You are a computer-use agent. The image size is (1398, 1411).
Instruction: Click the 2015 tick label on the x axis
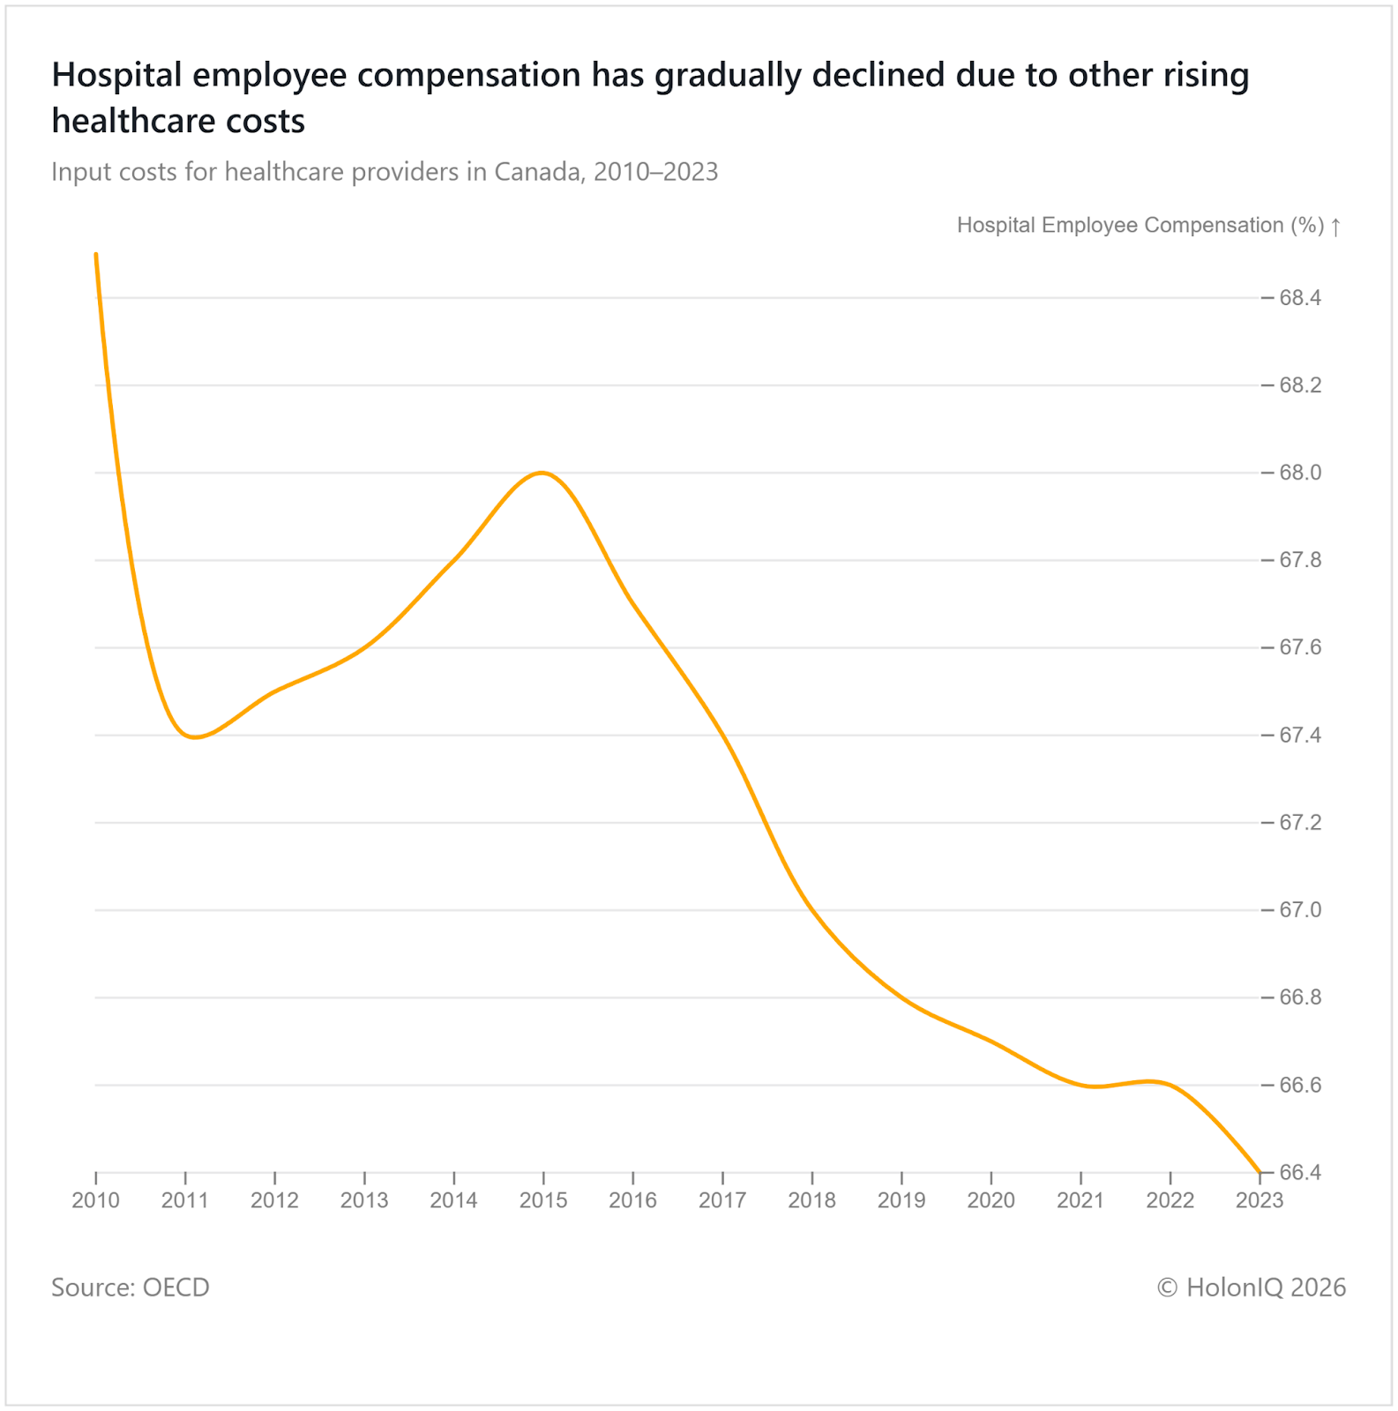pos(542,1200)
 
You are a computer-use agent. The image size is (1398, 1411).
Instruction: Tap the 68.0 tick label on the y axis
pos(1300,474)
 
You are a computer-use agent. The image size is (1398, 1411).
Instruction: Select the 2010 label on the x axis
pos(95,1200)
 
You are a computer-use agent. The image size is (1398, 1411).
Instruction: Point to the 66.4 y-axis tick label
pos(1300,1173)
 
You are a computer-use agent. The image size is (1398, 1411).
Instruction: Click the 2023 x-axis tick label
pos(1260,1200)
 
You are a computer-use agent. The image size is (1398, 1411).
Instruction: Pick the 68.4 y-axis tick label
pos(1300,298)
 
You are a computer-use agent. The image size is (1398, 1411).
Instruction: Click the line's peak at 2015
pos(542,474)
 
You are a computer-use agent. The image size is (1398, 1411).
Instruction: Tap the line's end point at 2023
pos(1260,1172)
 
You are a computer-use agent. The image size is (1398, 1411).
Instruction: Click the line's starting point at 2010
pos(95,254)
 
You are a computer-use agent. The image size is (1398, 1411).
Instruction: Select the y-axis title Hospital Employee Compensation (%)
pos(1140,226)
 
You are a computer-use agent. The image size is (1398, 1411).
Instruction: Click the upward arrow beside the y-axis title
pos(1336,227)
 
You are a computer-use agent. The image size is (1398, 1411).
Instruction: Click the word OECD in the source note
pos(176,1288)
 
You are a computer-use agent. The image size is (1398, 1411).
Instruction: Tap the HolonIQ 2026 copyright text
pos(1252,1288)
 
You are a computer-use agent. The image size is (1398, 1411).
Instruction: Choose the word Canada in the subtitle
pos(538,171)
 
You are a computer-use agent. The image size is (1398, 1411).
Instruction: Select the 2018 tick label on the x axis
pos(811,1200)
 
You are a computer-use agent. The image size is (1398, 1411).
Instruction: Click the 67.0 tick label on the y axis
pos(1300,910)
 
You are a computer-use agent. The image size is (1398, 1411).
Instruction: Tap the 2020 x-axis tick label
pos(991,1200)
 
